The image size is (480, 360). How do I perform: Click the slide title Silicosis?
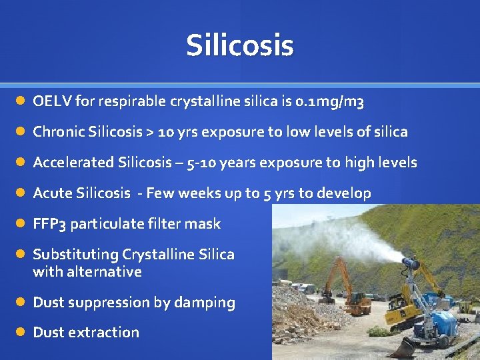pyautogui.click(x=239, y=46)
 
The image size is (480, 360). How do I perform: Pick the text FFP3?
pyautogui.click(x=49, y=224)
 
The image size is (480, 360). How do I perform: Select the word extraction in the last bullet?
pyautogui.click(x=108, y=332)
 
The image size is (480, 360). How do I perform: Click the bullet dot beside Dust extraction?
pyautogui.click(x=21, y=332)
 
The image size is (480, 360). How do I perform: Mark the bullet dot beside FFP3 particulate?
pyautogui.click(x=21, y=224)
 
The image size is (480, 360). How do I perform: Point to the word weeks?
pyautogui.click(x=196, y=193)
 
